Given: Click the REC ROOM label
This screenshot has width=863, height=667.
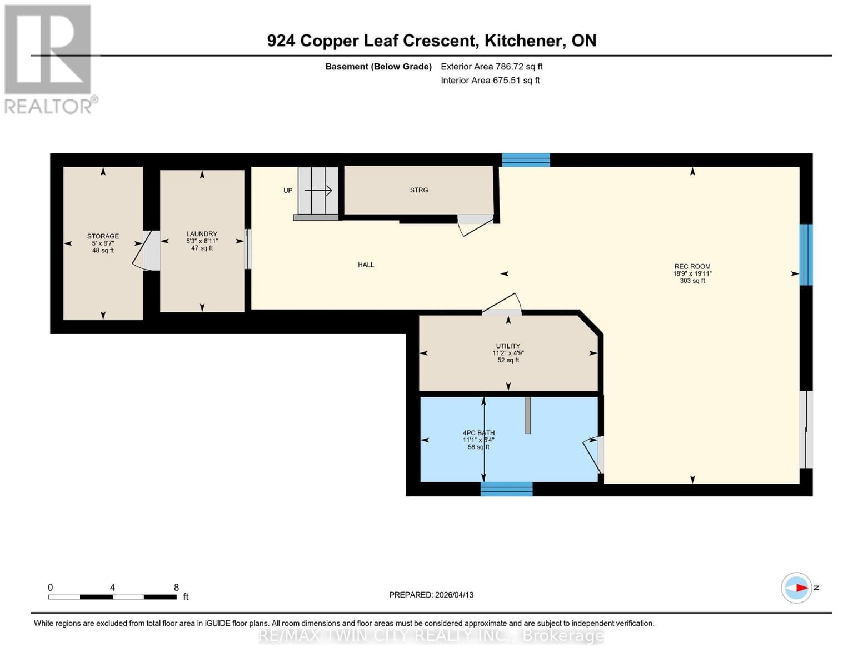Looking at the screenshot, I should tap(692, 266).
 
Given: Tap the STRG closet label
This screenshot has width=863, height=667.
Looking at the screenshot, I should tap(419, 190).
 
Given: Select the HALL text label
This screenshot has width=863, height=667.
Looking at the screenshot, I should tap(366, 265).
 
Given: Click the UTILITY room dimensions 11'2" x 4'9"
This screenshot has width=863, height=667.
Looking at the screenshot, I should tap(508, 353).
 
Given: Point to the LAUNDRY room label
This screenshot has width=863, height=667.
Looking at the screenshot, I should tap(202, 234).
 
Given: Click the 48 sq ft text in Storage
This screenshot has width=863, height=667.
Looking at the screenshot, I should tap(103, 251).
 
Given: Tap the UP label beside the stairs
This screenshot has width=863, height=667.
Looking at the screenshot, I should tap(288, 191).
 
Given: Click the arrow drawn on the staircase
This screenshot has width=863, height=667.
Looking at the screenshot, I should tap(318, 191).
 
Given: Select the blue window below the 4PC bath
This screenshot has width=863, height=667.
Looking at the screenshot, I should tap(506, 489).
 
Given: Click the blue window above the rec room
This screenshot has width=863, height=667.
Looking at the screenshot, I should tap(526, 160).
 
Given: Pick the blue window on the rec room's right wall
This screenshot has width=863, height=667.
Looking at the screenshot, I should tap(806, 255).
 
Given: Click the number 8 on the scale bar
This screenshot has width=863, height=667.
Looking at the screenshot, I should tap(176, 588).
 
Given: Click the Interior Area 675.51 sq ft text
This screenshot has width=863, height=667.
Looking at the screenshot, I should tap(490, 81).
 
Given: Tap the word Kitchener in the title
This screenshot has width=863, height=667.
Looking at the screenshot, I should tap(522, 41).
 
